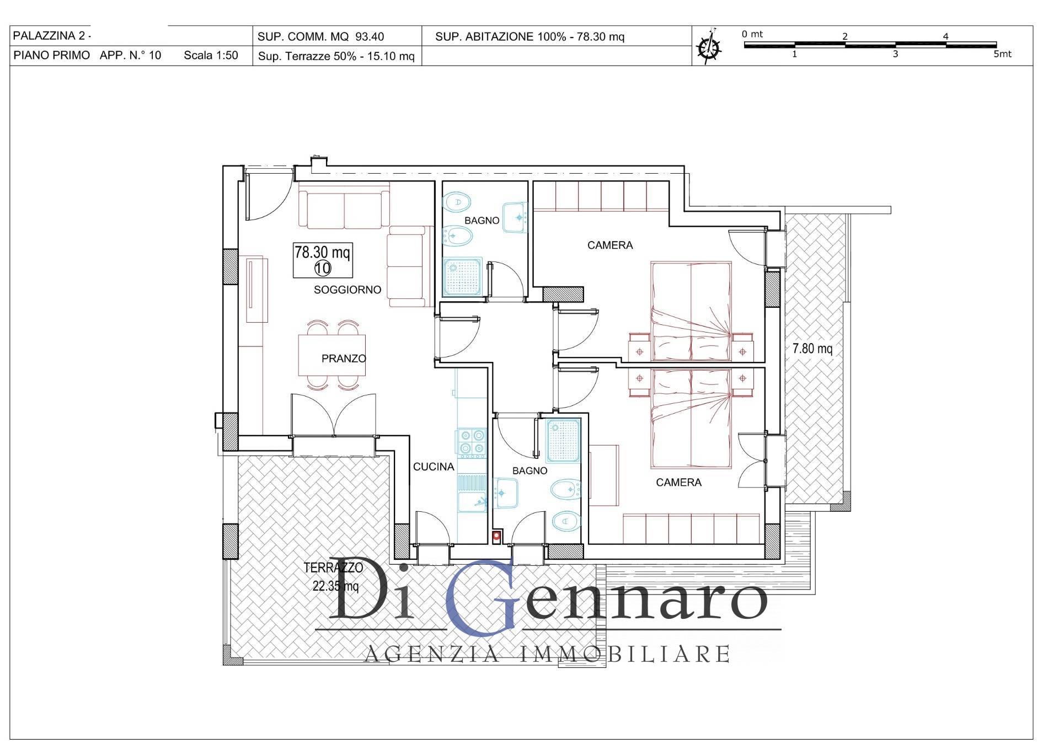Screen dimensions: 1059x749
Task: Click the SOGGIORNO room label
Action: point(347,290)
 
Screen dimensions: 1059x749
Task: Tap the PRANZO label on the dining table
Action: point(344,359)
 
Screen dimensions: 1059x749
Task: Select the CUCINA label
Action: point(434,467)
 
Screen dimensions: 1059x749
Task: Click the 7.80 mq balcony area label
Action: point(812,349)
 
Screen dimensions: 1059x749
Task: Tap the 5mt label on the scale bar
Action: point(1002,55)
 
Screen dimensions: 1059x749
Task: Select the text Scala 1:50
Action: point(211,55)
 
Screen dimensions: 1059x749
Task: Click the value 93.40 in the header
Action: point(370,37)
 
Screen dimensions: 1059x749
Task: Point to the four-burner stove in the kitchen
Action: point(471,443)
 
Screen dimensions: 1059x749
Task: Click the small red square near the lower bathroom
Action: point(497,535)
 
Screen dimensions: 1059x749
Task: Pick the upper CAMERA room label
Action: point(610,245)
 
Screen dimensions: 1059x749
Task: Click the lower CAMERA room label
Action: point(678,483)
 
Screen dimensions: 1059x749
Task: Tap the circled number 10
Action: point(323,269)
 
